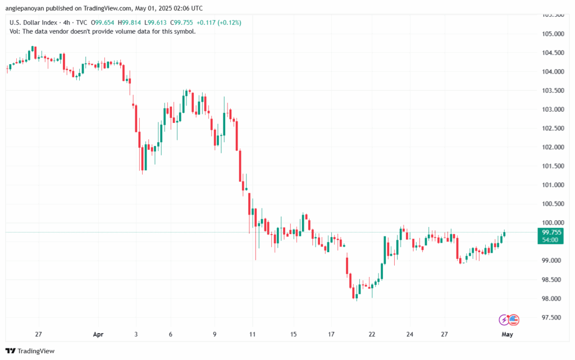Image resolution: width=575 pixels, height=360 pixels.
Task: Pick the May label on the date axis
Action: click(x=507, y=334)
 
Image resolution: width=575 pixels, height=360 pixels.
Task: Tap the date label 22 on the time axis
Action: click(x=372, y=334)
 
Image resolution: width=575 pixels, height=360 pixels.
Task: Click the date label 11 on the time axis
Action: click(x=253, y=334)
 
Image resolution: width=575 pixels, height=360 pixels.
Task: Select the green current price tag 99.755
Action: click(x=550, y=232)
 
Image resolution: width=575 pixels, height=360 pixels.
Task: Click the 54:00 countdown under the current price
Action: click(x=550, y=240)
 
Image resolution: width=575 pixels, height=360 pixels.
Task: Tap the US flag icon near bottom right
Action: click(x=514, y=320)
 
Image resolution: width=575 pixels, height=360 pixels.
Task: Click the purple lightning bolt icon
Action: click(x=504, y=320)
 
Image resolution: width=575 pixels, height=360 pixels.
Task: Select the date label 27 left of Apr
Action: click(x=38, y=334)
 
